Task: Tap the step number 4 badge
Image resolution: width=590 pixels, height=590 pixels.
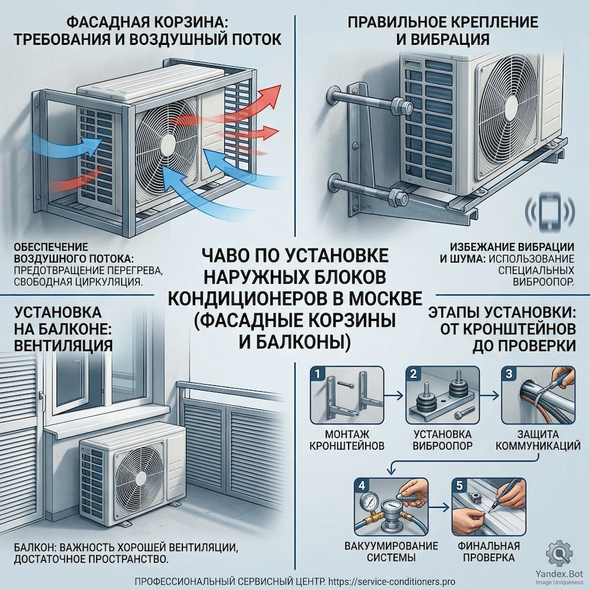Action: (x=360, y=486)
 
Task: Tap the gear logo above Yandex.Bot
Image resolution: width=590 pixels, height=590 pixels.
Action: (x=558, y=553)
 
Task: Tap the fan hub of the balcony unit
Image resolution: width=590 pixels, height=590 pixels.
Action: (x=138, y=472)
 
